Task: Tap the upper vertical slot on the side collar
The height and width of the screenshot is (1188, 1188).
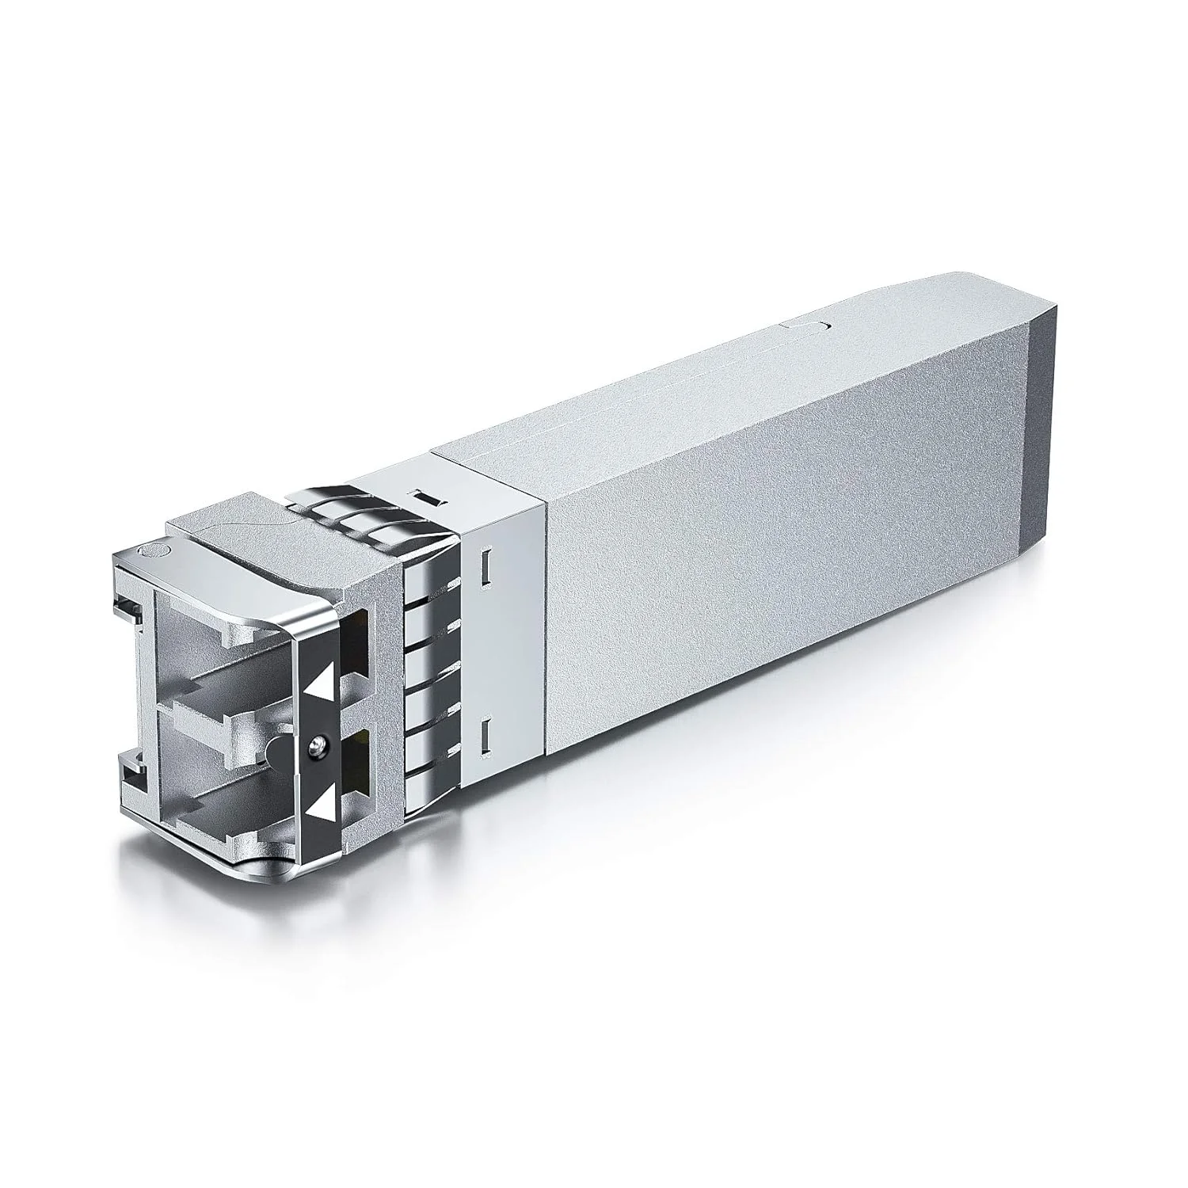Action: [485, 564]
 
